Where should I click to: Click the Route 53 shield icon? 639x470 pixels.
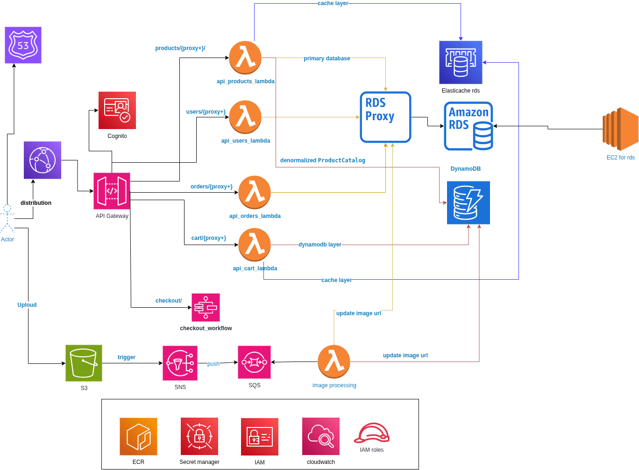23,45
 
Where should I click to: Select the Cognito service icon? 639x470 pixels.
117,110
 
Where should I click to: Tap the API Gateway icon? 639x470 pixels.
112,191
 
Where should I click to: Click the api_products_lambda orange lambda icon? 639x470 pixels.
245,58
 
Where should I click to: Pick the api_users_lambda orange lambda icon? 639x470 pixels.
245,117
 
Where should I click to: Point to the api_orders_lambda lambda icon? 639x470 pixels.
255,192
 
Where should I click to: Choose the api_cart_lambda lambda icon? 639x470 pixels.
255,245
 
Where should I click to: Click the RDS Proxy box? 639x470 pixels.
385,117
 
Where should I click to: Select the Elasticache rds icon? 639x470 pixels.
461,62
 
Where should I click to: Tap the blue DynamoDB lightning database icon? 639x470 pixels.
468,202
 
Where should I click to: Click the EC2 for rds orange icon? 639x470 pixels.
620,129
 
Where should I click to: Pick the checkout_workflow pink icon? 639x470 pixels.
206,307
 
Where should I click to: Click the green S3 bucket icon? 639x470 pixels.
84,363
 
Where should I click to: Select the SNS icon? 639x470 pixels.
180,363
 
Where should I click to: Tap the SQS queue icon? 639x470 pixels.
254,362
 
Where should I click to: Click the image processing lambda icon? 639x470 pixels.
334,362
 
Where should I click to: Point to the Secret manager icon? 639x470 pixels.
199,436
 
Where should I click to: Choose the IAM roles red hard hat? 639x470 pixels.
372,433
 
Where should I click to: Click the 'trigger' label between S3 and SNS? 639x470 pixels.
126,357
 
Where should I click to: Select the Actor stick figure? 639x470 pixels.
7,218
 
